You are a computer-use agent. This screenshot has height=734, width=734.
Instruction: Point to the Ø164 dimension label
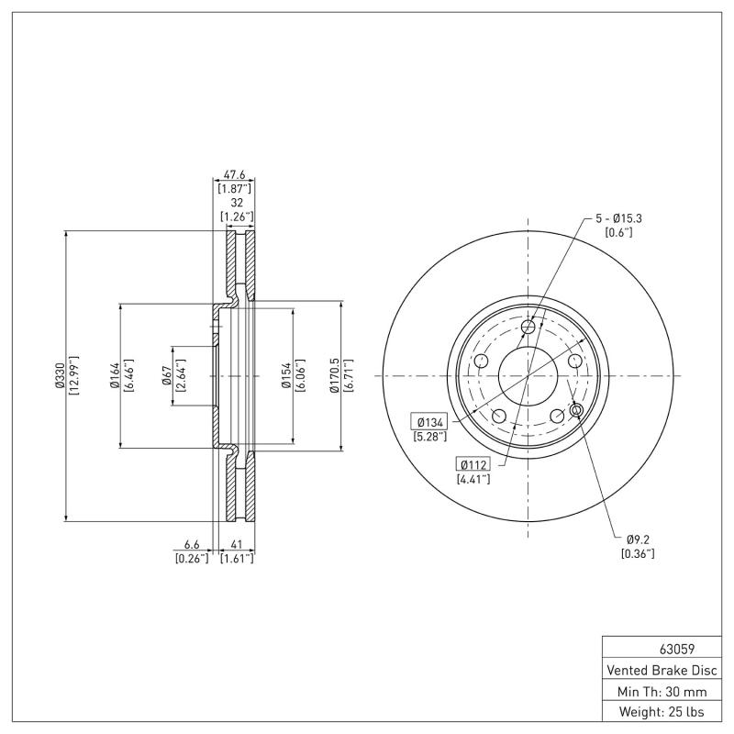click(114, 376)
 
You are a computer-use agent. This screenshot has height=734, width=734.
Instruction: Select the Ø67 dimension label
click(166, 376)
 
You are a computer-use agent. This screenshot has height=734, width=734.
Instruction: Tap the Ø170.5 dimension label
click(335, 376)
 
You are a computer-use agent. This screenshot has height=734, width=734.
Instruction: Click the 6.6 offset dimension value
click(192, 543)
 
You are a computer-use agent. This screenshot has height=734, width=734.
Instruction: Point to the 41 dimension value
click(236, 543)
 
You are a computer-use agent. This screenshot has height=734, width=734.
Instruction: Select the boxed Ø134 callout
click(430, 421)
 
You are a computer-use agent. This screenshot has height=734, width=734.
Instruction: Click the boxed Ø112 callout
click(473, 463)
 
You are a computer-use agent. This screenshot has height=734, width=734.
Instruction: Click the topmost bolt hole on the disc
click(528, 328)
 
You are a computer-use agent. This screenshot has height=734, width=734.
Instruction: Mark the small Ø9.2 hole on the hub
click(576, 409)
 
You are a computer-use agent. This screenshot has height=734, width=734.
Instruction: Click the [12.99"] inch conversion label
click(73, 376)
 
